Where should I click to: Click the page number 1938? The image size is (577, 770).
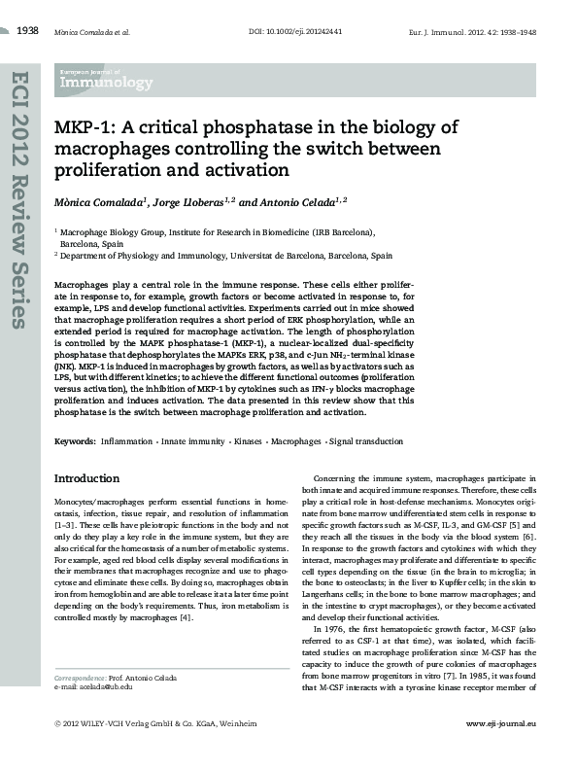pyautogui.click(x=28, y=31)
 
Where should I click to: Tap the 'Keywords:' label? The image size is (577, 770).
pyautogui.click(x=75, y=441)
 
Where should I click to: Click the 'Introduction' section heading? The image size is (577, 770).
pyautogui.click(x=87, y=478)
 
